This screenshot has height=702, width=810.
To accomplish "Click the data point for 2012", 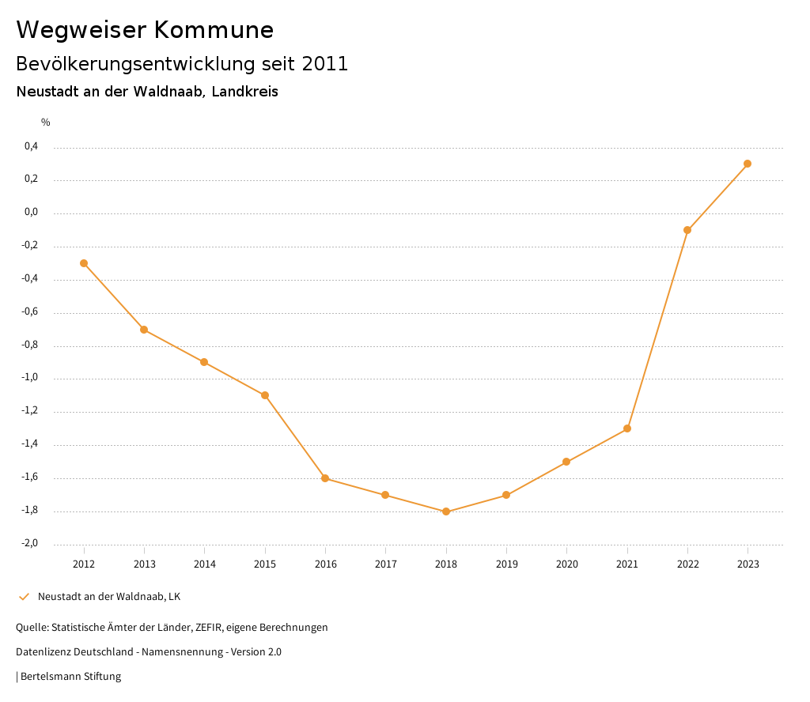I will [84, 263].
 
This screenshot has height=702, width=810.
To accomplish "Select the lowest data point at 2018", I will [446, 511].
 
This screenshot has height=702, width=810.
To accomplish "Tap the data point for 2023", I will [748, 164].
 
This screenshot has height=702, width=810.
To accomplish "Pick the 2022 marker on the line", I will [687, 230].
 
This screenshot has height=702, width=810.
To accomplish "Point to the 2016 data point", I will [325, 478].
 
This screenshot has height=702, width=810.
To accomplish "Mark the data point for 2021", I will [627, 428].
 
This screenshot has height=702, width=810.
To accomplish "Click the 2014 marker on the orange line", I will [204, 362].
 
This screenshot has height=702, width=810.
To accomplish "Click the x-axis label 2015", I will [265, 564].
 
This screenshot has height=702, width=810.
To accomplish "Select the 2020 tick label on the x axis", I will [567, 564].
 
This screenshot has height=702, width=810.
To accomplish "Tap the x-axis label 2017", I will [386, 564].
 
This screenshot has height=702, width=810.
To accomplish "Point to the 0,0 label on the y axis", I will [32, 213].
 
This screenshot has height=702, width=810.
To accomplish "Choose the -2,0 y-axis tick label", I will [30, 543].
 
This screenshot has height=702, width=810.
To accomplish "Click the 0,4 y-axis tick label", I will [32, 146].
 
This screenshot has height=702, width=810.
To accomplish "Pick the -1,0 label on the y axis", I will [30, 378].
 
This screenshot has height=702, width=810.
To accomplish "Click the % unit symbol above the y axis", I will [46, 123].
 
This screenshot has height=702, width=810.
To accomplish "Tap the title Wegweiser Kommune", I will [145, 30].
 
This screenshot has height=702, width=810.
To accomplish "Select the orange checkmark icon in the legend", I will [24, 597].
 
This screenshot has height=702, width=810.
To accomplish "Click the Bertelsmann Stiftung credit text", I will [70, 677].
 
